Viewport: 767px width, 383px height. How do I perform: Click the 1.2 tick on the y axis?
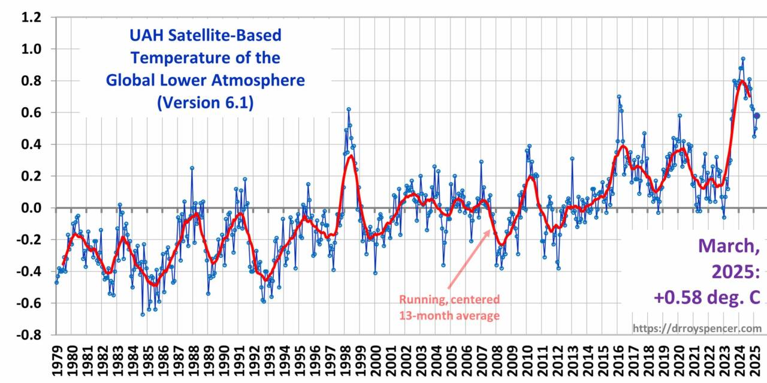32,17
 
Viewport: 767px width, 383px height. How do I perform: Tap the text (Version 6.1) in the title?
205,103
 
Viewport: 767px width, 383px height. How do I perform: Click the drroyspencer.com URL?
697,329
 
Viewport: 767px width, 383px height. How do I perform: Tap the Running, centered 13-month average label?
449,307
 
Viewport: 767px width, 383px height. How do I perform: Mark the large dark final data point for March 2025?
756,115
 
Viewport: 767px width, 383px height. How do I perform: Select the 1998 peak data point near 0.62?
348,110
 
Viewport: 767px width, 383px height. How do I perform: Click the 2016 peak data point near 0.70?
619,96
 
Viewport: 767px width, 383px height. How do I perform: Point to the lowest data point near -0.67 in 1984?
143,314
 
